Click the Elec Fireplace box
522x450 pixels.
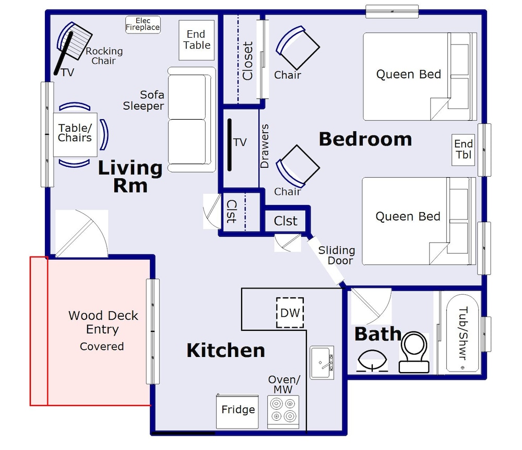(x=143, y=25)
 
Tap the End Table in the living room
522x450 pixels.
(x=196, y=40)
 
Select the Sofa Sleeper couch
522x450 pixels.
(x=192, y=119)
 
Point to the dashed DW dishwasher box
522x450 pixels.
(x=290, y=313)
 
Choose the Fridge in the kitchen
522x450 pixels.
(x=238, y=411)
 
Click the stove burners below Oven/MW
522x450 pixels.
(x=283, y=411)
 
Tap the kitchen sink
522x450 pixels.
(x=322, y=362)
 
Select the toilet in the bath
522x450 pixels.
(x=414, y=352)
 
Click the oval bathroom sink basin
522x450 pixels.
(x=372, y=361)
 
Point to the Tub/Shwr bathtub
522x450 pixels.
(x=462, y=333)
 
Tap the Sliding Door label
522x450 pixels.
(x=337, y=256)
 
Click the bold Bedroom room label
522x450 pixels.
(x=365, y=139)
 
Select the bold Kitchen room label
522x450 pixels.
(x=226, y=350)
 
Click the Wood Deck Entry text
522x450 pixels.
(x=103, y=322)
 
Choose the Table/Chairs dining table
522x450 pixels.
(x=75, y=134)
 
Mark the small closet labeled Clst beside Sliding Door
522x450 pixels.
(x=286, y=221)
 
